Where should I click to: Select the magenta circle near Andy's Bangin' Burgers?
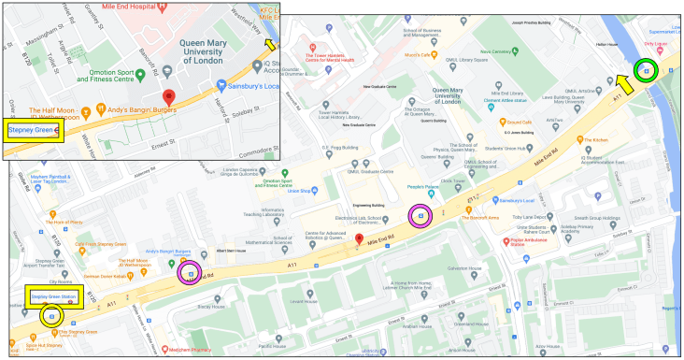(192, 273)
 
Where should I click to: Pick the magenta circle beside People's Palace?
(420, 216)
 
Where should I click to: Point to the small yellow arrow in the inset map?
(270, 43)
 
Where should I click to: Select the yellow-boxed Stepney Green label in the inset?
(34, 130)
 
